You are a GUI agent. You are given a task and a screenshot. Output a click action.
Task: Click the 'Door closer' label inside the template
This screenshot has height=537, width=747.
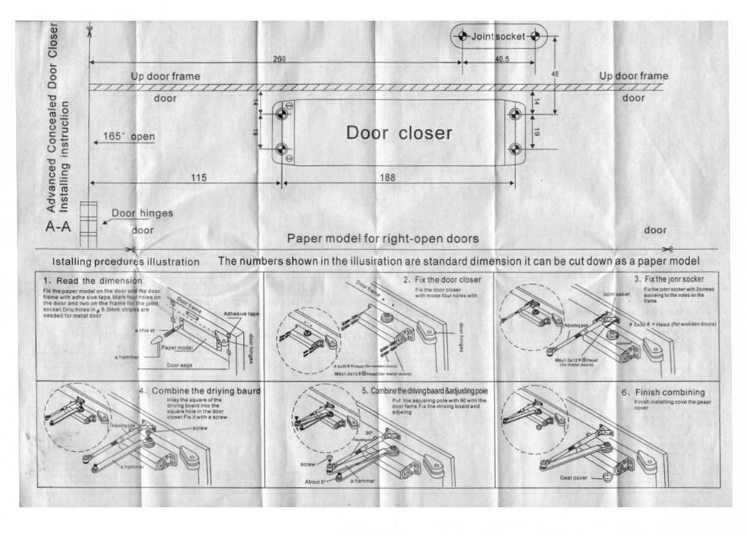(x=399, y=132)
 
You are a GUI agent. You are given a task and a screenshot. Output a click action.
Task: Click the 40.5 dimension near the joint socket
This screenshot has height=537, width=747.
(x=503, y=59)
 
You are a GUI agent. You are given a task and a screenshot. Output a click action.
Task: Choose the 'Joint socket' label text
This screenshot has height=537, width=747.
(x=498, y=36)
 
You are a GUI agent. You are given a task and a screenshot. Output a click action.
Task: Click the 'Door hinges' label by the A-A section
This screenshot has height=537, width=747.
(x=142, y=213)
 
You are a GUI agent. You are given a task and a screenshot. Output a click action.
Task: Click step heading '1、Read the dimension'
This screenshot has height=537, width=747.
(x=87, y=280)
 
